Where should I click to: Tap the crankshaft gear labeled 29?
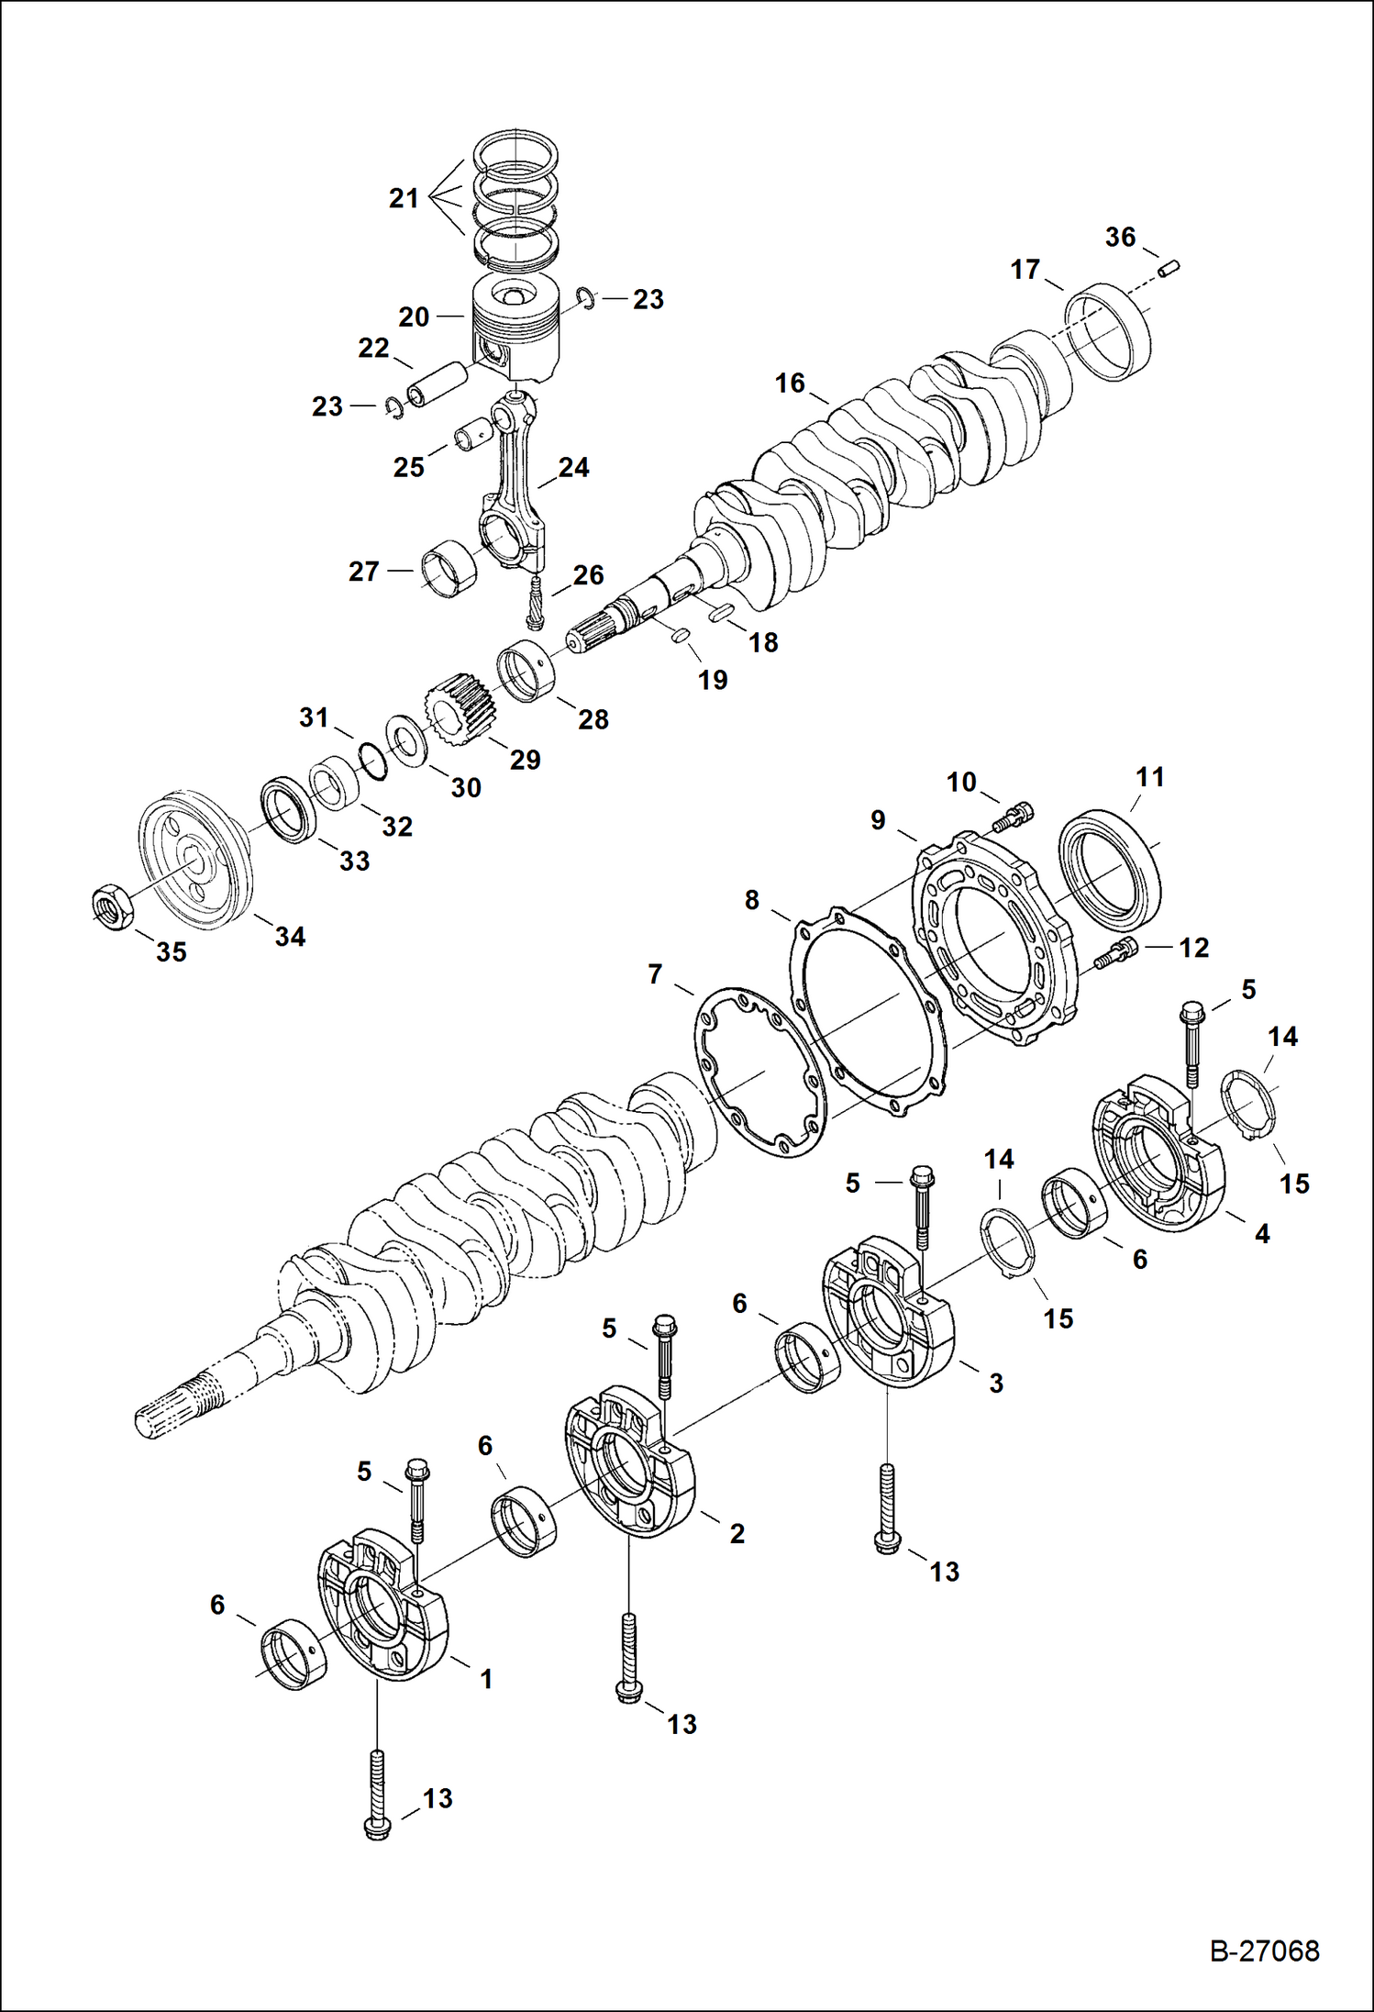pos(460,709)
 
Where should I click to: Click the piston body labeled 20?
pos(515,330)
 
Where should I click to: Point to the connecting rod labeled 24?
pos(515,495)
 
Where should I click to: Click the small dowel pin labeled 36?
pos(1169,269)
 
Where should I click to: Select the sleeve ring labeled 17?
pos(1109,331)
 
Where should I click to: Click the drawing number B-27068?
pos(1264,1951)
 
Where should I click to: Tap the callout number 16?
pos(790,384)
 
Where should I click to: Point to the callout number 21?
pos(404,198)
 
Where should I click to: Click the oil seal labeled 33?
pos(289,809)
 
